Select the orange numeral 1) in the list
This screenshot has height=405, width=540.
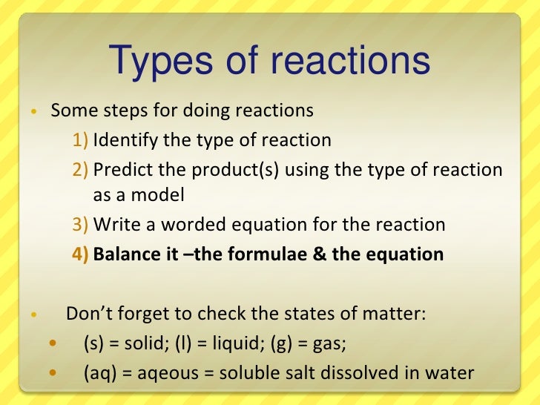pyautogui.click(x=81, y=140)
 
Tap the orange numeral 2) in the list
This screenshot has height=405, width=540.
pyautogui.click(x=81, y=169)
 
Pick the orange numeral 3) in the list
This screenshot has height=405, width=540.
pyautogui.click(x=81, y=225)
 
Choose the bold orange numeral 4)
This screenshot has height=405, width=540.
pyautogui.click(x=81, y=254)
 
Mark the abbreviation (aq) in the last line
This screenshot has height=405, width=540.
pyautogui.click(x=99, y=372)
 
